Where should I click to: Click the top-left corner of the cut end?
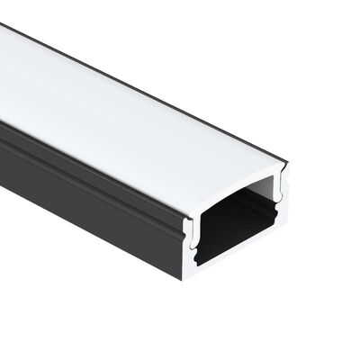click(x=186, y=216)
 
